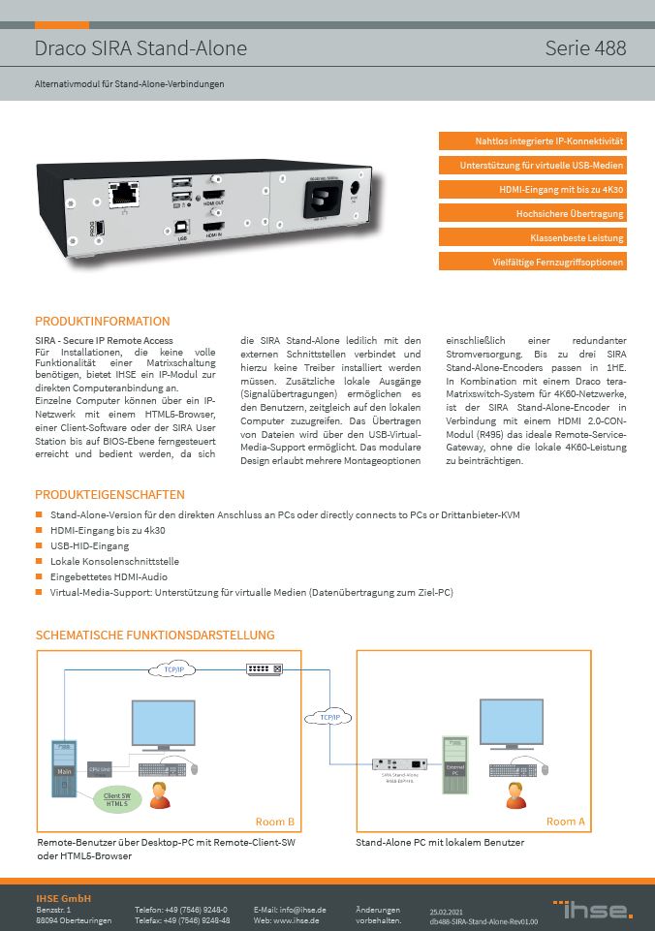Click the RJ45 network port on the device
(x=124, y=194)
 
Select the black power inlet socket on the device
(x=322, y=201)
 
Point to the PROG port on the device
(x=102, y=231)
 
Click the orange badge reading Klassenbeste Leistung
(x=533, y=237)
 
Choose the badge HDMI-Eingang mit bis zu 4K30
(x=533, y=189)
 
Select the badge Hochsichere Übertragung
(x=533, y=213)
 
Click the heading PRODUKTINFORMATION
(x=103, y=321)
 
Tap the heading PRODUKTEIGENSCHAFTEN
(x=109, y=494)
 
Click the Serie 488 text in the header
(x=585, y=48)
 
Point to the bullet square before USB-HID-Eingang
(x=40, y=545)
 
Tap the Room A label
(x=566, y=822)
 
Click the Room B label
(x=275, y=822)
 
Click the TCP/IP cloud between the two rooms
(x=328, y=718)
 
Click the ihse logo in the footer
(x=593, y=909)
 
